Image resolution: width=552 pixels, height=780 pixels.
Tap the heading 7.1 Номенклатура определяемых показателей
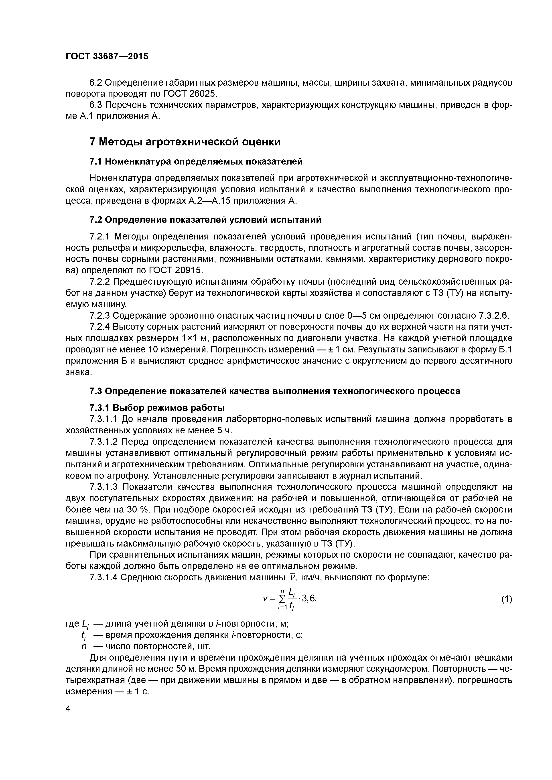pyautogui.click(x=196, y=162)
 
